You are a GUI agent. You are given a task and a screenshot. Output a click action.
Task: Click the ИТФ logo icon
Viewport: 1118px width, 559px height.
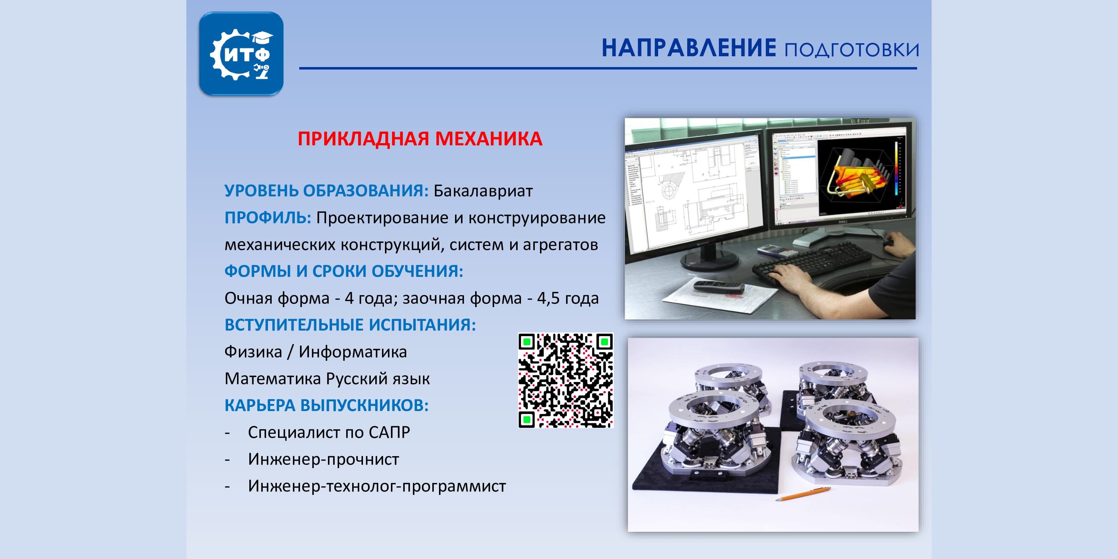[x=241, y=54]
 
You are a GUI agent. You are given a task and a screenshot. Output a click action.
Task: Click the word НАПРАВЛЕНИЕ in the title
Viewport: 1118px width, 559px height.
[x=689, y=48]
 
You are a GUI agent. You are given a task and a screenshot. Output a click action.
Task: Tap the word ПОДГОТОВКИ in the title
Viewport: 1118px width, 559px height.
[x=852, y=50]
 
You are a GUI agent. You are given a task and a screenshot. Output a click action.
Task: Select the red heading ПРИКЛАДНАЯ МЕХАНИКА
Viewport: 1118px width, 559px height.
[x=420, y=139]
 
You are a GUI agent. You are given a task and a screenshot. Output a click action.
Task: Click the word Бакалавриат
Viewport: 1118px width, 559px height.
[x=483, y=191]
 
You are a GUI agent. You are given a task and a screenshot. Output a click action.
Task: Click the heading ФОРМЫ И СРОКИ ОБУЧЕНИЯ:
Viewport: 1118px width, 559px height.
[x=344, y=271]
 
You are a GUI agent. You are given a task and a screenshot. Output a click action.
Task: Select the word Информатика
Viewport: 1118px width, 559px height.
[x=353, y=352]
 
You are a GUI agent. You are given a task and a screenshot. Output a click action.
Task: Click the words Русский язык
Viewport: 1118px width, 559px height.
[x=378, y=379]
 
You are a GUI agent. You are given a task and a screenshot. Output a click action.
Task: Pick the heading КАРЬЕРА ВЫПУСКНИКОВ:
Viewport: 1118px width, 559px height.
[x=326, y=405]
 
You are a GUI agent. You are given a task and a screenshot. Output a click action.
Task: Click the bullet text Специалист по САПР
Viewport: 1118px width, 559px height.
[x=329, y=432]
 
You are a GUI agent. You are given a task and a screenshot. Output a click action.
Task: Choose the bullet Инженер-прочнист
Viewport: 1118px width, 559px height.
[x=323, y=459]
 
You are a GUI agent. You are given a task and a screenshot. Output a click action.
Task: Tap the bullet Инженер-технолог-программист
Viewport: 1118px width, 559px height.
[x=377, y=486]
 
